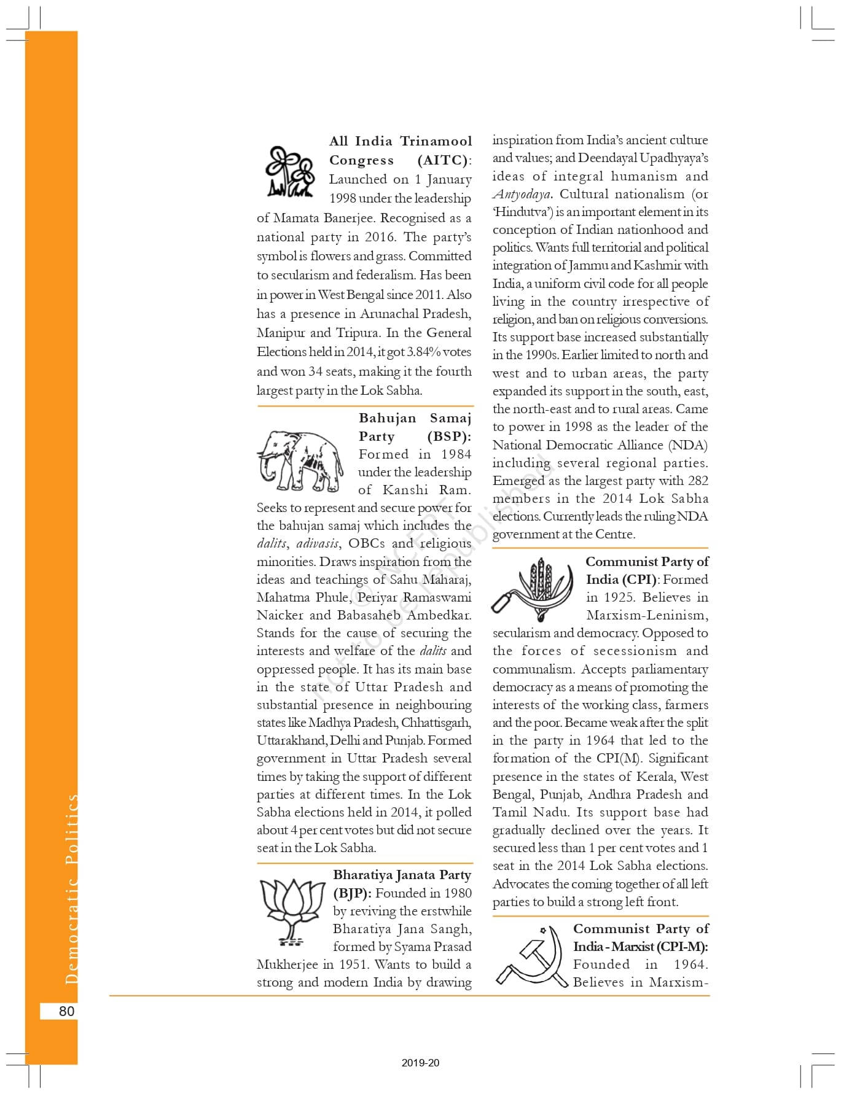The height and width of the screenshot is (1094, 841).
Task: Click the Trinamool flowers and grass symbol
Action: pos(290,171)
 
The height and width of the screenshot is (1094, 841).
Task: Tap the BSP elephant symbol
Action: pos(300,460)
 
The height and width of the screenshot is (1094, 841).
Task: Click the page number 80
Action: pos(66,1011)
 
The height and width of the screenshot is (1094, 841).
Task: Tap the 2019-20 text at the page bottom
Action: pos(420,1063)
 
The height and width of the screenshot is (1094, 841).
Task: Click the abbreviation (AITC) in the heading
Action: pos(444,160)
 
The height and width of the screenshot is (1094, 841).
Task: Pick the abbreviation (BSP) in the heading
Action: pos(449,436)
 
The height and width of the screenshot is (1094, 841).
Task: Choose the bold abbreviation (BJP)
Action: pos(352,893)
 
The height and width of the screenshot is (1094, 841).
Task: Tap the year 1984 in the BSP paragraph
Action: pos(456,454)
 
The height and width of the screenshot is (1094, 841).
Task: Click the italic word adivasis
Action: pos(318,543)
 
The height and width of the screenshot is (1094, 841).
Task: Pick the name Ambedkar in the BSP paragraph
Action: pos(439,615)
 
